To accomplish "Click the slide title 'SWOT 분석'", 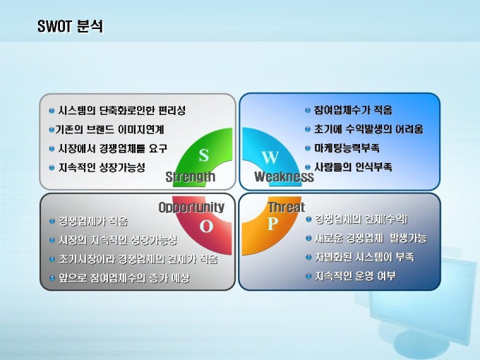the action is point(70,26).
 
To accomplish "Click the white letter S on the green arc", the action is point(203,155).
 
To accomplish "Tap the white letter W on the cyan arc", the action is point(270,157).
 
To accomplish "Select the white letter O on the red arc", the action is point(206,226).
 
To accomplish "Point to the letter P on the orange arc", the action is point(272,224).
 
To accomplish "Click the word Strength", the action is point(191,176).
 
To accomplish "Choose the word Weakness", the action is point(284,176).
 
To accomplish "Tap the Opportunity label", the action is point(191,208).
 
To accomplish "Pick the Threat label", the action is point(287,208).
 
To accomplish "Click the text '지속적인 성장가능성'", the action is point(102,167).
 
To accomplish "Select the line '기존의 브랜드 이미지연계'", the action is point(109,129).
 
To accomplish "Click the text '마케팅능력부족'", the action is point(347,148).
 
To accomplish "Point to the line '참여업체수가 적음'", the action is point(353,110).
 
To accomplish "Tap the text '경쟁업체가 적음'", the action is point(93,221).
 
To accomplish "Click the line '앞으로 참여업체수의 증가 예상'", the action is point(124,278).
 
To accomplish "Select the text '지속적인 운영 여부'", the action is point(355,276).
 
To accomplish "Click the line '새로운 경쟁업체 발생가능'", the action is point(371,238).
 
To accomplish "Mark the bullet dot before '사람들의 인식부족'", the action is point(308,167).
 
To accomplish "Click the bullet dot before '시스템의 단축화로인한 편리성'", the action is point(52,111).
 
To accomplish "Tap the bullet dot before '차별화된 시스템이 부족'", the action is point(308,257).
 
